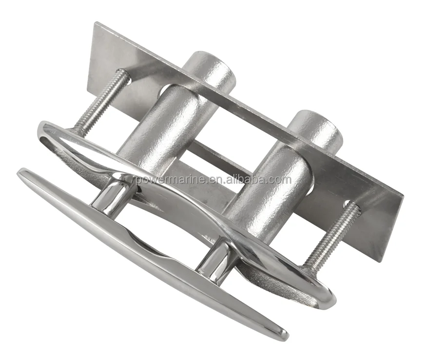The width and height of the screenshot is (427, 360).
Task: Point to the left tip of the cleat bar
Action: pyautogui.click(x=22, y=173)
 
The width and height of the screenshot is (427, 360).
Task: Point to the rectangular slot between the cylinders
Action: pyautogui.click(x=219, y=156)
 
